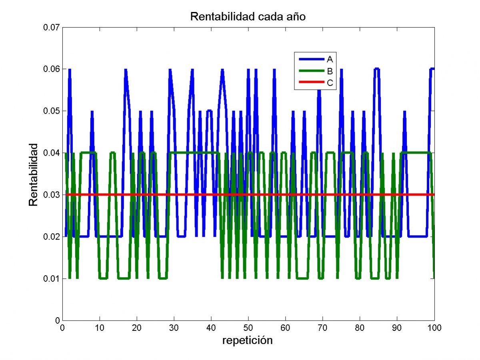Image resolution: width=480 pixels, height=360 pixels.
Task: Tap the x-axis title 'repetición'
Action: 248,340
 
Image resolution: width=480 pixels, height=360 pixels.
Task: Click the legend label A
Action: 330,59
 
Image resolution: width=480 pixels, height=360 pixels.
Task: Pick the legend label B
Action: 330,71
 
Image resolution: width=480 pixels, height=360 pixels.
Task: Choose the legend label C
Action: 330,83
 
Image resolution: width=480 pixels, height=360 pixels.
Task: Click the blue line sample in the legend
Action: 311,59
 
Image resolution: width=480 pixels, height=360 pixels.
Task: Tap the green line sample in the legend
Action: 311,71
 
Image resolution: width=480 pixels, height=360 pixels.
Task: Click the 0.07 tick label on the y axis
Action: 51,27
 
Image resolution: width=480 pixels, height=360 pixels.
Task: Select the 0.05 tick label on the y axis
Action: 51,111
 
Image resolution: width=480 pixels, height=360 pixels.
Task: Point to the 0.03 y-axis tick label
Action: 51,195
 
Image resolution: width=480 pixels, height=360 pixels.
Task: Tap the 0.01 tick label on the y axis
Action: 51,278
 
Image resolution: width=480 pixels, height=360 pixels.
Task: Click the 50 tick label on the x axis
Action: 248,328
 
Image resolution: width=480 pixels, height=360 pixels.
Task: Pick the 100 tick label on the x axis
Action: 434,328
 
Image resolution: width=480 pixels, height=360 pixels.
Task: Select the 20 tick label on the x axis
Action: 136,328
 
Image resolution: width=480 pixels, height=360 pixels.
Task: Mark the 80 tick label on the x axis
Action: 360,328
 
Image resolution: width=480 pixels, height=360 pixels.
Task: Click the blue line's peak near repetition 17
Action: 125,70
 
